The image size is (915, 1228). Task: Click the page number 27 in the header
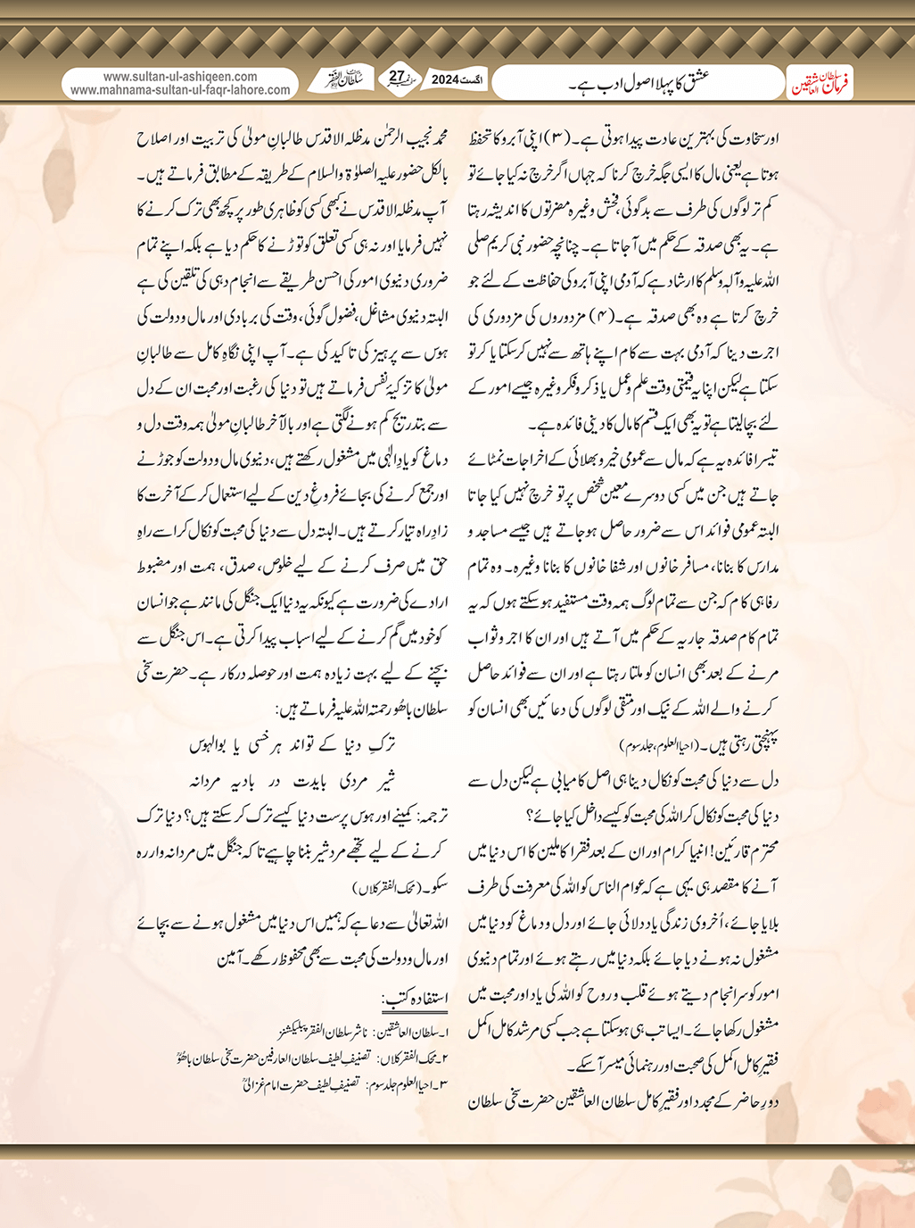398,78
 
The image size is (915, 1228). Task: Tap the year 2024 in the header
444,80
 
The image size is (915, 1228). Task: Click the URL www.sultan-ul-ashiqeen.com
180,77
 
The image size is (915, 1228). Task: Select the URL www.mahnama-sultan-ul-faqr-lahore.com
180,90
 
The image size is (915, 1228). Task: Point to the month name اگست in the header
477,80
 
